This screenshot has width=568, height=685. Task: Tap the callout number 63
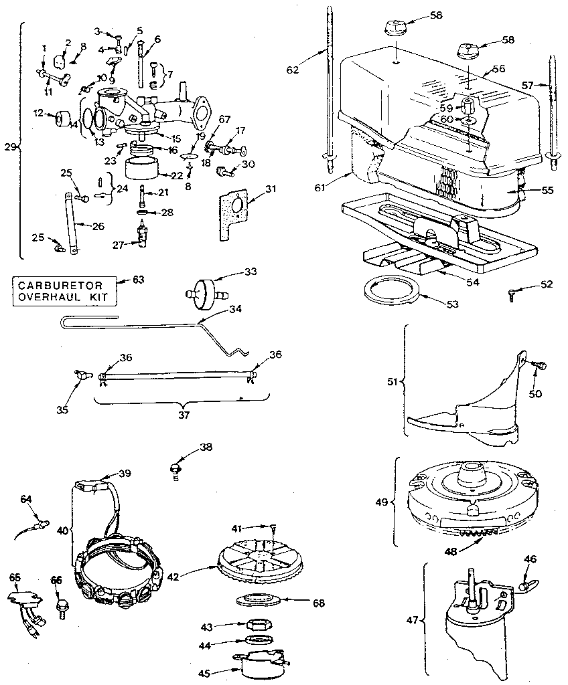pos(139,279)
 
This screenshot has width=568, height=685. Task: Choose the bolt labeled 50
pos(540,365)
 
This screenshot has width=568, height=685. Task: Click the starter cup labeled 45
pos(261,664)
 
